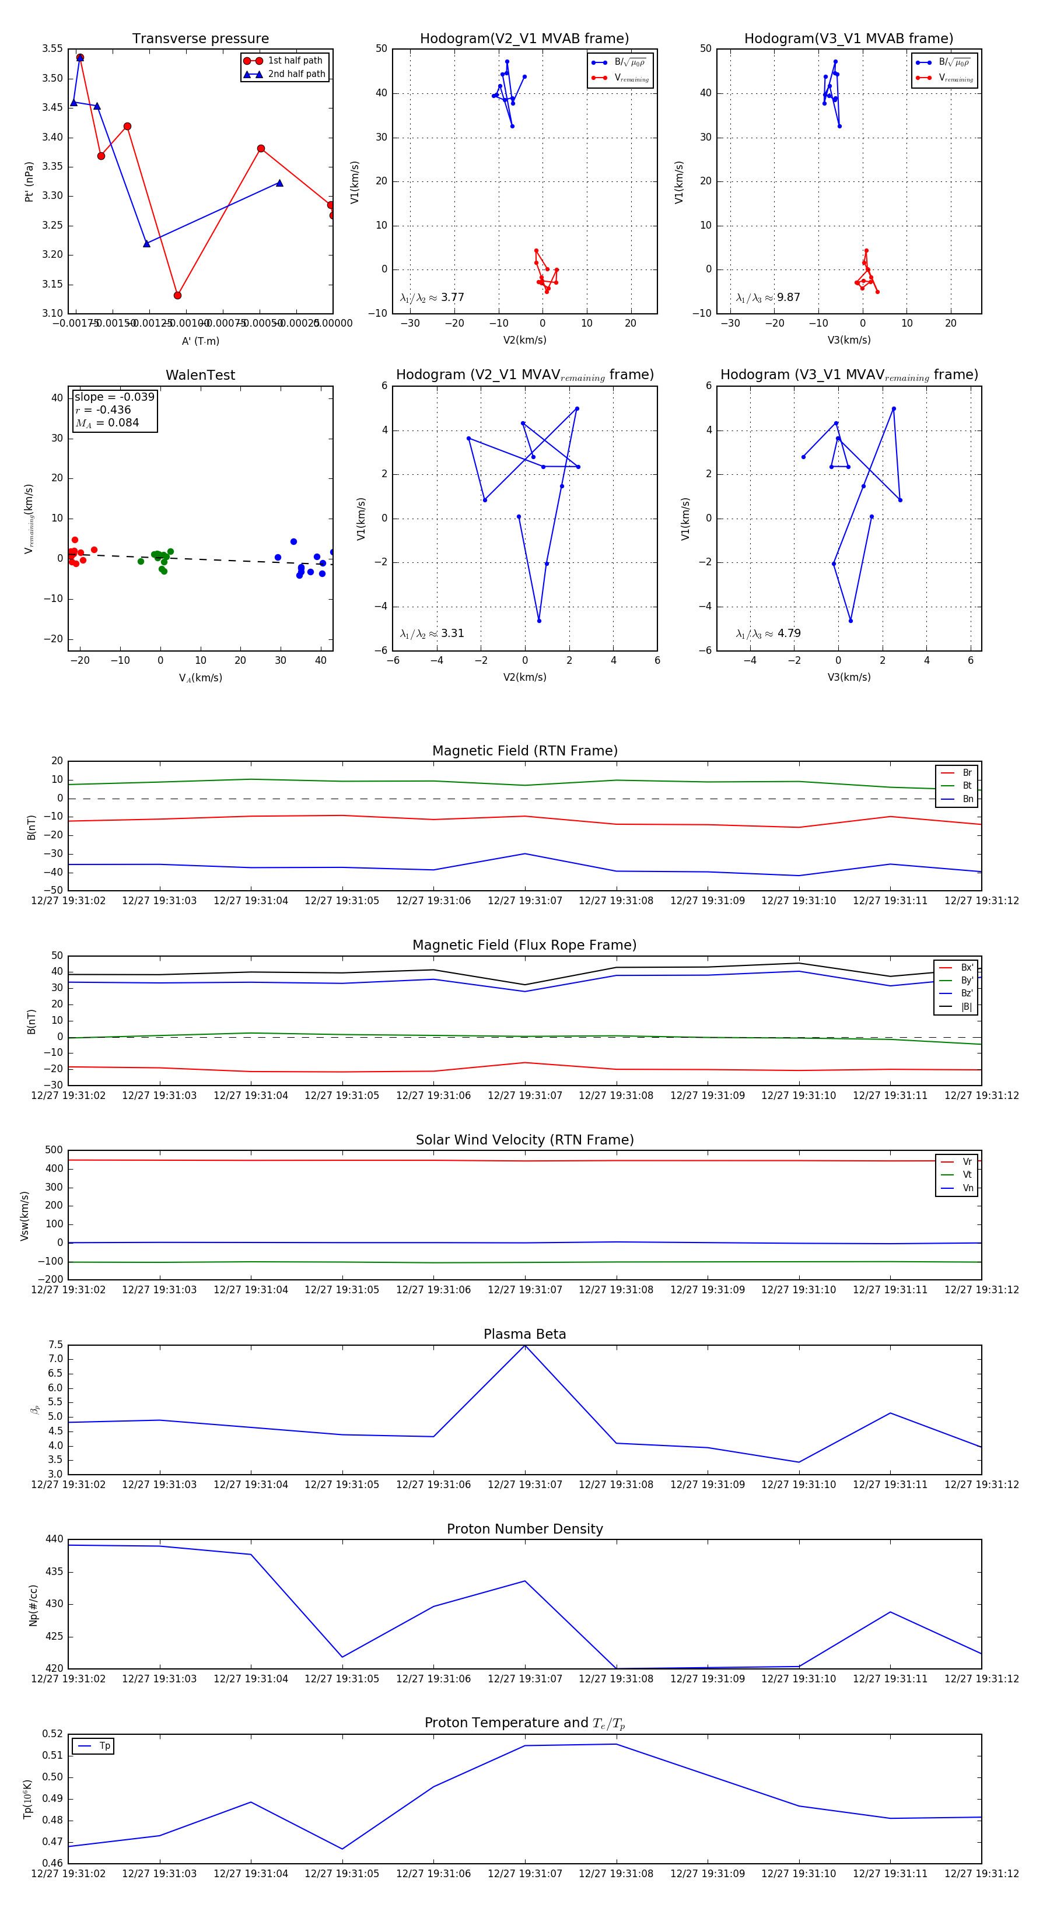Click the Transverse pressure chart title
pos(200,39)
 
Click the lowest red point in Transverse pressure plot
pos(177,295)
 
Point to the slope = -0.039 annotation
pos(114,397)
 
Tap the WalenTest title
pos(200,375)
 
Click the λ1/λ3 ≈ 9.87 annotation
pos(768,297)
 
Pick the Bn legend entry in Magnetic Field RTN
pos(967,799)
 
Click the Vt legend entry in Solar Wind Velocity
pos(967,1175)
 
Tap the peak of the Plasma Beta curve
pos(524,1345)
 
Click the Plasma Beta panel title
pos(524,1334)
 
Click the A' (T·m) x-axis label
pos(200,341)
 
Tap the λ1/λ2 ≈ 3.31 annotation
pos(432,633)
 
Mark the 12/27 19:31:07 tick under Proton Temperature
pos(524,1874)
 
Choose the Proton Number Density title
pos(524,1529)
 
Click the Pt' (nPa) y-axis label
pos(29,181)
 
